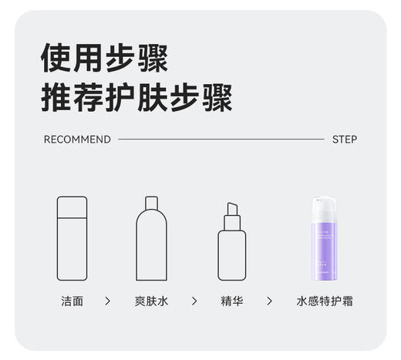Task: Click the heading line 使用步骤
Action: coord(104,57)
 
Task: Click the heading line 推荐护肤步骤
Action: coord(136,98)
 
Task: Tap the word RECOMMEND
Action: coord(77,140)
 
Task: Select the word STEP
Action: coord(344,140)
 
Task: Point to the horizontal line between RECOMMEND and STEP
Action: coord(221,140)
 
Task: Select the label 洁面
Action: coord(72,301)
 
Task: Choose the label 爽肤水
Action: coord(151,301)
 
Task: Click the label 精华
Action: coord(231,301)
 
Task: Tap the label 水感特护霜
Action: coord(325,301)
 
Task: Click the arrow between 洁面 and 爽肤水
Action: coord(107,301)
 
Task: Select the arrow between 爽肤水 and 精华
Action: coord(194,301)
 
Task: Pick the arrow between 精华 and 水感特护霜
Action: coord(269,301)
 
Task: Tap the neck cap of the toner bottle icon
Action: coord(152,203)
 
